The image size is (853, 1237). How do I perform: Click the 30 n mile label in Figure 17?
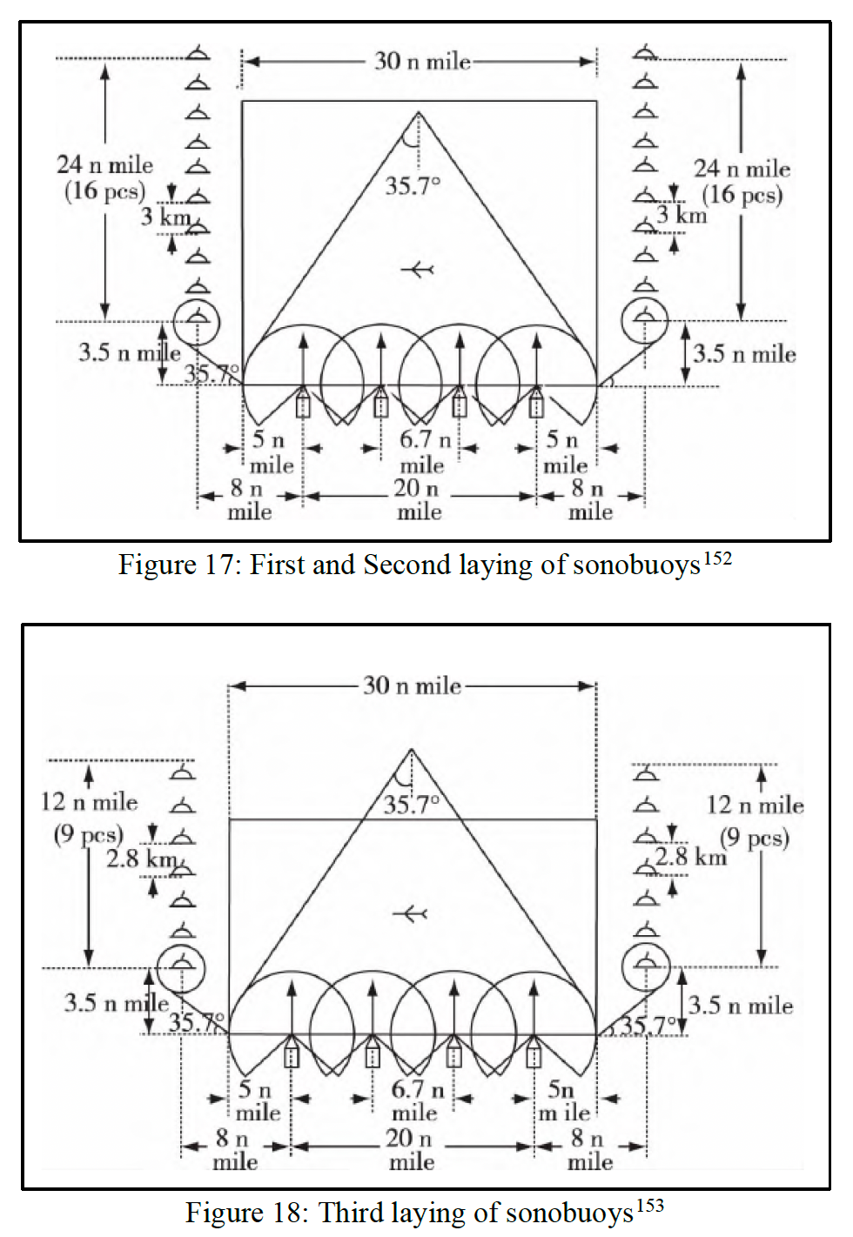[x=422, y=61]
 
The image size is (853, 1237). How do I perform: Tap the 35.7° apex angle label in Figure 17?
[x=413, y=185]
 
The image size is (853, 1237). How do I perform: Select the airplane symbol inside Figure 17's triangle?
[x=418, y=270]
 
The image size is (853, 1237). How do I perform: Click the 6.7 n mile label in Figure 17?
[x=423, y=452]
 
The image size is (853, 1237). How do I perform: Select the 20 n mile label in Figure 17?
[x=419, y=499]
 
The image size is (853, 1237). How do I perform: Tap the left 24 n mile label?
[x=104, y=164]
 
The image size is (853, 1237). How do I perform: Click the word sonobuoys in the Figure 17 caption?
[x=636, y=565]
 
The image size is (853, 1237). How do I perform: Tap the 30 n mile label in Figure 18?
[x=412, y=685]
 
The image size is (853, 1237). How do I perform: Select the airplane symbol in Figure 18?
[x=409, y=913]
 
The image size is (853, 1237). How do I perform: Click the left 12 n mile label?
[x=89, y=801]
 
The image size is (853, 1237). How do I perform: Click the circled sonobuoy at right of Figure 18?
[x=646, y=965]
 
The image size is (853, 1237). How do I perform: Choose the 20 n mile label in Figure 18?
[x=412, y=1148]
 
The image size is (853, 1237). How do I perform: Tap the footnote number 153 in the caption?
[x=650, y=1206]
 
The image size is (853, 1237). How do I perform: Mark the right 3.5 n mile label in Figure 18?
[x=741, y=1006]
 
